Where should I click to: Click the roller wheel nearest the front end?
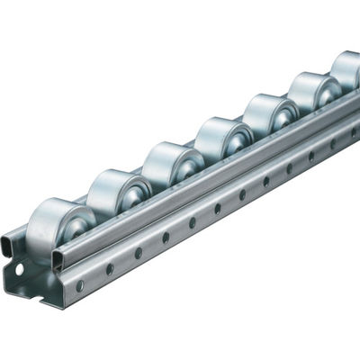[56, 233]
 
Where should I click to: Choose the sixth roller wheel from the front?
[310, 94]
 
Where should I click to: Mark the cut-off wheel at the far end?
[346, 70]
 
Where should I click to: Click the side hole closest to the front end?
[80, 285]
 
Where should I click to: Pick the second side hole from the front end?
[110, 268]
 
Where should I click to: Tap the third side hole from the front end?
[139, 253]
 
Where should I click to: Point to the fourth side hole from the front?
[166, 238]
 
